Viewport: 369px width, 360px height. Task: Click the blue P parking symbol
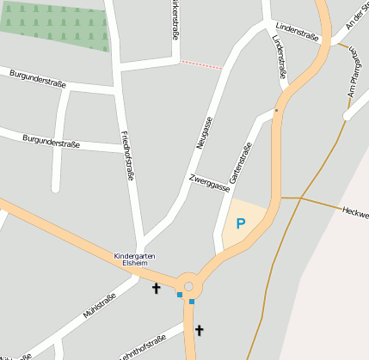tap(241, 224)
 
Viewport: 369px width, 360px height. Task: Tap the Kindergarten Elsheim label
tap(136, 259)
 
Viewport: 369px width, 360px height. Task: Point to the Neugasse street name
tap(204, 133)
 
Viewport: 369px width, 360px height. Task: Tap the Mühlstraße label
tap(99, 307)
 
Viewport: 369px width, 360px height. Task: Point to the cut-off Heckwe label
tap(354, 212)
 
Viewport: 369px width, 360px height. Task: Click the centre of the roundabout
tap(189, 285)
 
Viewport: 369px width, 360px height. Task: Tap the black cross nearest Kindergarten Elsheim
tap(157, 289)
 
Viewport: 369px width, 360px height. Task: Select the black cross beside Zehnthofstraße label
tap(200, 330)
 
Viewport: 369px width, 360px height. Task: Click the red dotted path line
tap(200, 64)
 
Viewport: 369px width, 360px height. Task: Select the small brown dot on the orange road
tap(276, 111)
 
